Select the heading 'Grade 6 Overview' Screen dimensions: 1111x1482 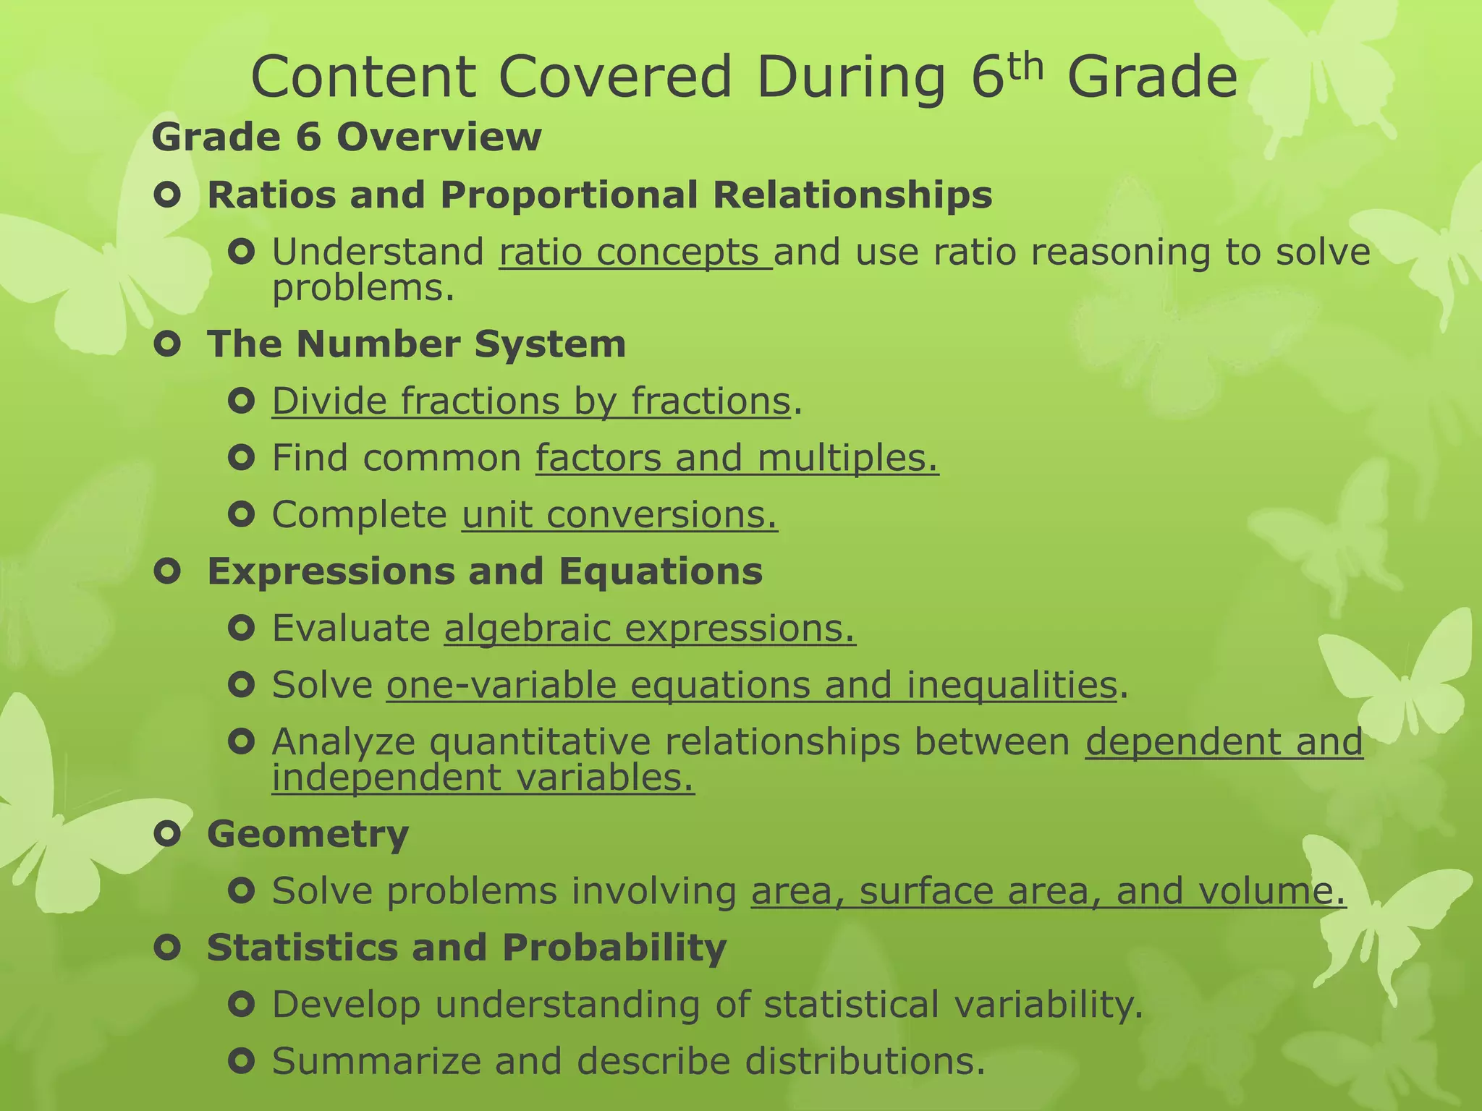[346, 137]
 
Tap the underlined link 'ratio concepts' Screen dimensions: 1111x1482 [635, 252]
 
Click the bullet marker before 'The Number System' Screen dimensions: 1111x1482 [167, 344]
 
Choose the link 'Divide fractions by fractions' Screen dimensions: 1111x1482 [530, 401]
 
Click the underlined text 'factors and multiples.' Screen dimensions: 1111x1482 [737, 458]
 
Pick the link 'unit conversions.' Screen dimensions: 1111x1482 [619, 515]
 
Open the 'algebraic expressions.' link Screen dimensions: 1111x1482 [649, 628]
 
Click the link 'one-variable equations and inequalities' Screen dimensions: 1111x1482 [752, 685]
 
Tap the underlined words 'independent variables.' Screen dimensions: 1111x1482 [483, 778]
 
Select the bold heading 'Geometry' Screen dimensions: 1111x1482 [308, 834]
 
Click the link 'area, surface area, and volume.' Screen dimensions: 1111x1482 [1048, 891]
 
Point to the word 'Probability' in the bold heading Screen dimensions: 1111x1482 [614, 948]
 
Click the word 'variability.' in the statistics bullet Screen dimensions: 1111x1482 [1048, 1005]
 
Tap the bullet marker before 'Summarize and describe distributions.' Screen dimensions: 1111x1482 [241, 1061]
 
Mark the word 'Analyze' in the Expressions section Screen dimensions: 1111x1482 [344, 742]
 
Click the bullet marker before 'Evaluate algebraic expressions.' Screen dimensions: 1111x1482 [241, 628]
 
